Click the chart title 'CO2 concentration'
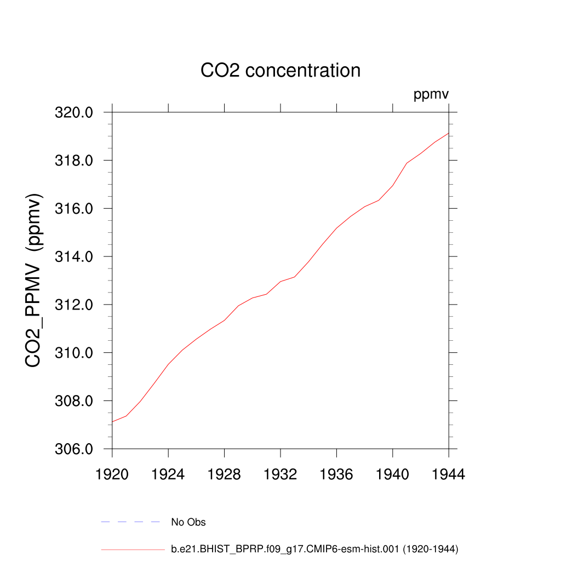(280, 71)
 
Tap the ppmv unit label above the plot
(431, 95)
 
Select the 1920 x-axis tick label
(112, 475)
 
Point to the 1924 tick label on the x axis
(168, 475)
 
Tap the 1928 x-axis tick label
(224, 475)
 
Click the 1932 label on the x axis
(280, 475)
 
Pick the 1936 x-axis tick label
(336, 475)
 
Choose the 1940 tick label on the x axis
(393, 475)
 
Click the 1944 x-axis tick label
(449, 475)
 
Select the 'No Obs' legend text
(188, 522)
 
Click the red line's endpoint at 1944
(449, 133)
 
